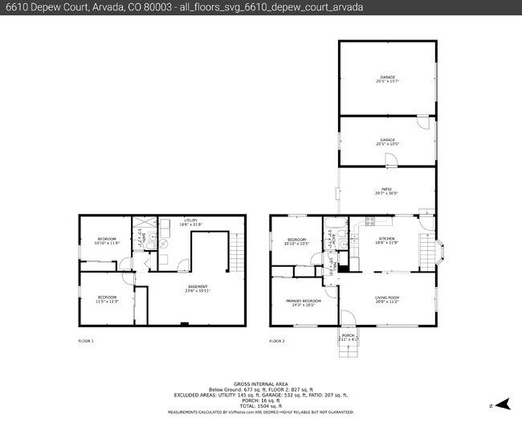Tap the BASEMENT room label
198,288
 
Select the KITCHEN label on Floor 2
388,240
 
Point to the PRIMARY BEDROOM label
300,302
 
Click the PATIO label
386,191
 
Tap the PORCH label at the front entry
348,337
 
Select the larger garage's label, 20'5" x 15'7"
387,79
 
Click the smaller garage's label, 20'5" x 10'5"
387,142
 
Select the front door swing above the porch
346,318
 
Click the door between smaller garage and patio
389,160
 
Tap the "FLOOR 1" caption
86,342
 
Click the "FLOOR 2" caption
277,342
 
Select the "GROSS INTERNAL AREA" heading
260,384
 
